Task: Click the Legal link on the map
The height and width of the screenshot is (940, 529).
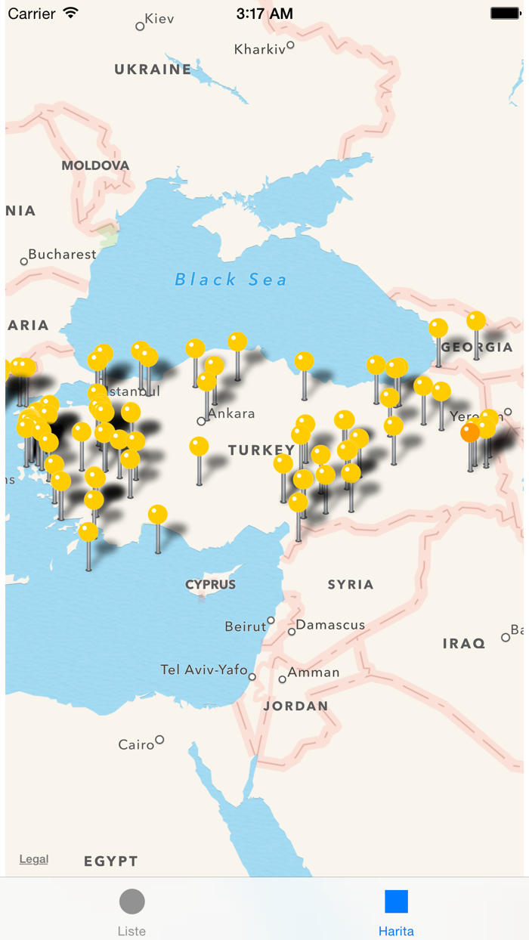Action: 34,859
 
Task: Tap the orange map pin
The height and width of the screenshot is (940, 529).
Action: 470,432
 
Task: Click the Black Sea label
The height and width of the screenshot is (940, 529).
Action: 230,280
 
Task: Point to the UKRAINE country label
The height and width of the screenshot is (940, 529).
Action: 153,70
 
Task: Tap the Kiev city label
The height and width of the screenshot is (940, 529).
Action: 159,19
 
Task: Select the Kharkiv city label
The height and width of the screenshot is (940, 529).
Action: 260,49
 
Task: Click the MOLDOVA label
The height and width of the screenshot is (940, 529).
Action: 95,165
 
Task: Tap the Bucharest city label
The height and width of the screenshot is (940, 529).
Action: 62,255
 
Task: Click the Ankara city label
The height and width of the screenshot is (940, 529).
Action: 231,414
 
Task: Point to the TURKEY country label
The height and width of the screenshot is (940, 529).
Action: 261,450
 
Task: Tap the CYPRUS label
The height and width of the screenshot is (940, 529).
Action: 211,585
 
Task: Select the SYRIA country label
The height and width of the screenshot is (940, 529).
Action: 351,585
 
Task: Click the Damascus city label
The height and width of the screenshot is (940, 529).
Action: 330,626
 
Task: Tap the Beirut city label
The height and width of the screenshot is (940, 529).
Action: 246,626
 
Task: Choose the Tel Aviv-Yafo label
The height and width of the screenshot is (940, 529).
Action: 204,670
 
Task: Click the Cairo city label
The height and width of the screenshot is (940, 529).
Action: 137,745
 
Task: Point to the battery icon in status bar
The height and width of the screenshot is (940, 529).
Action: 505,14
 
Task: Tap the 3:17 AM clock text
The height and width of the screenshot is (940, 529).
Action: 264,14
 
